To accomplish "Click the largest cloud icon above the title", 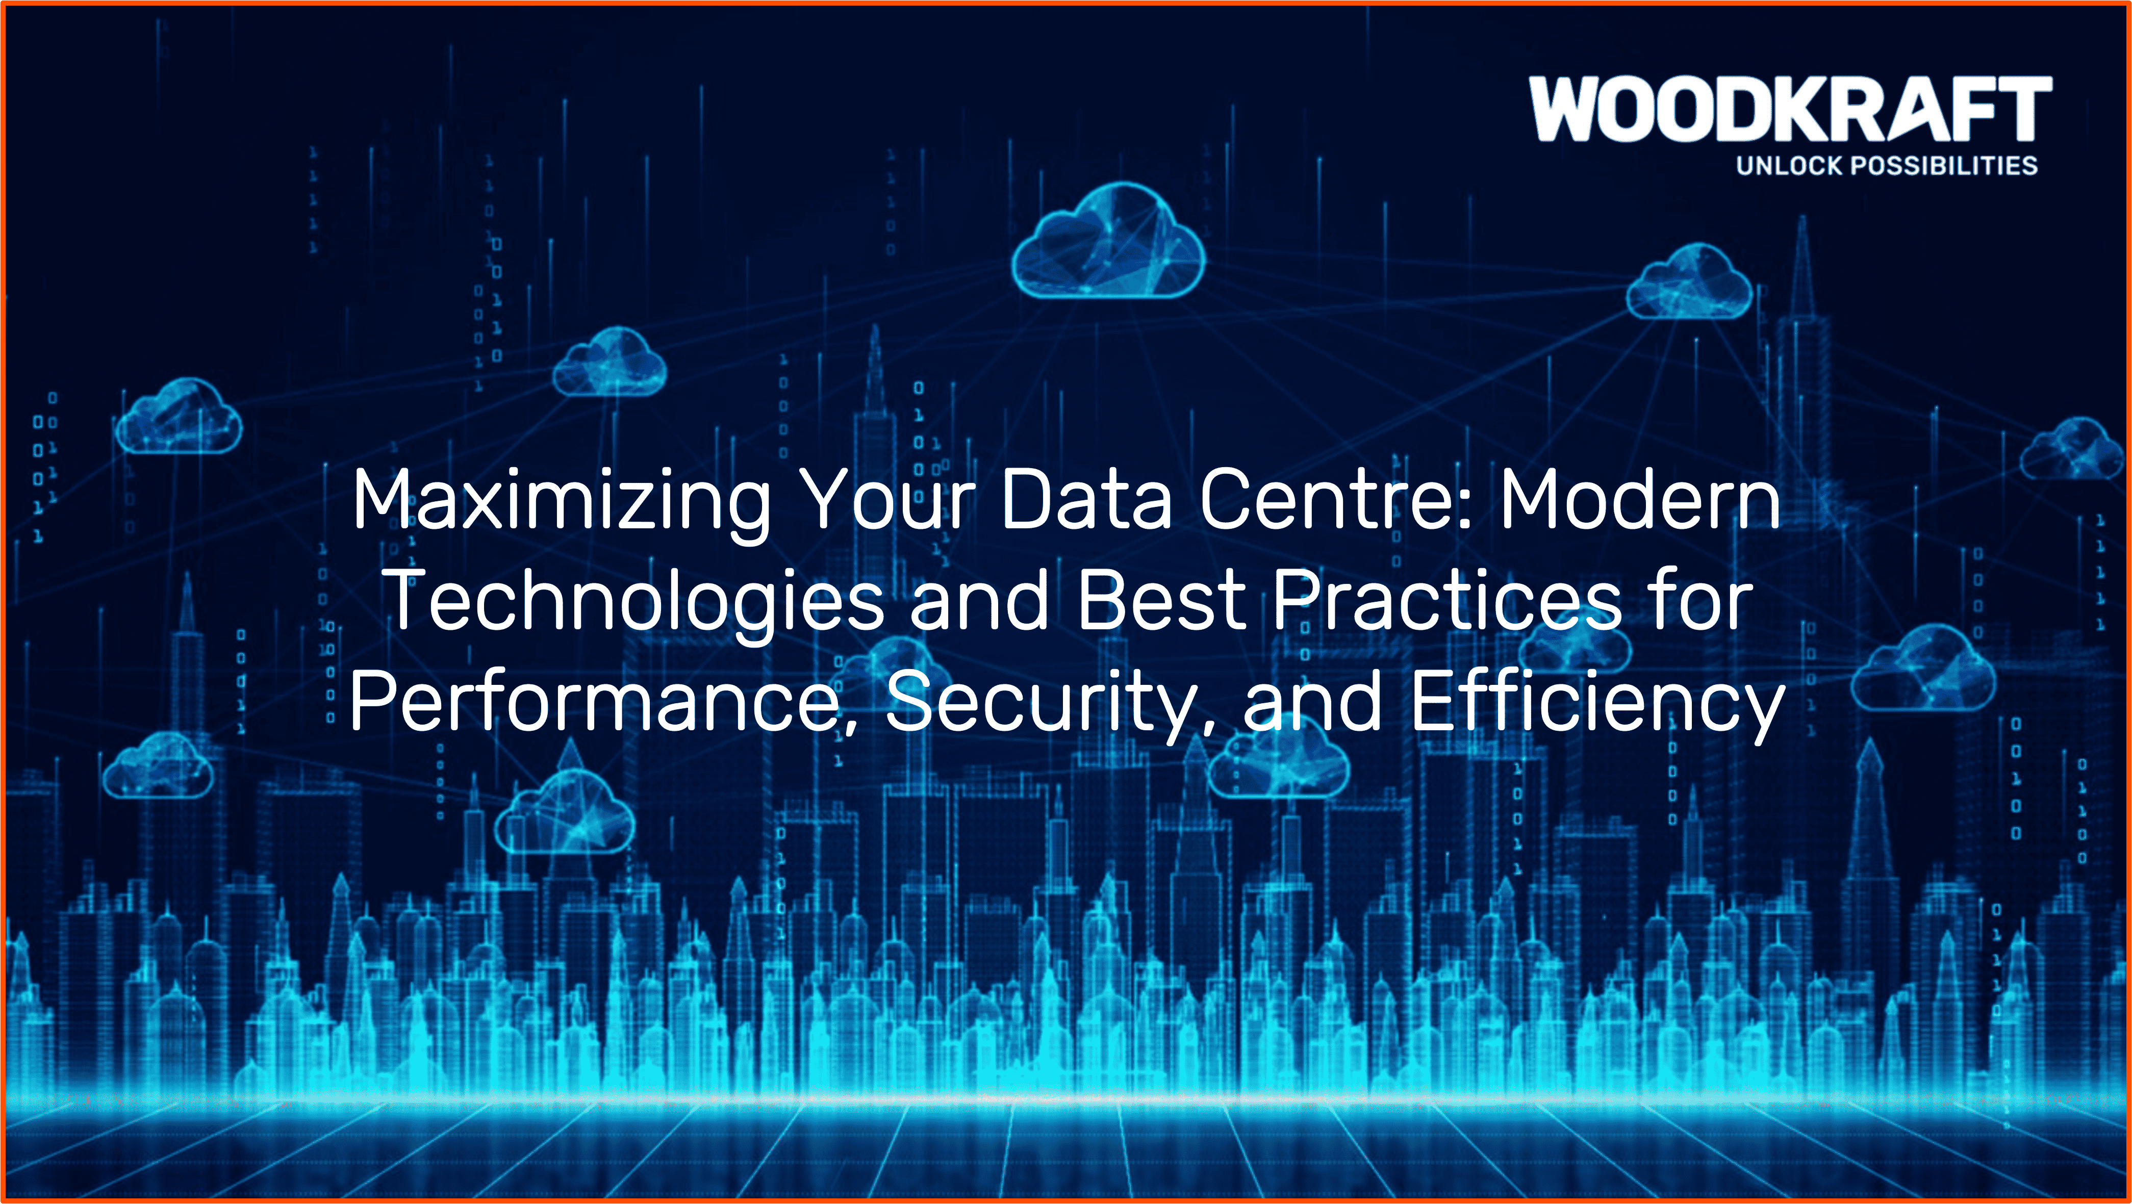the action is (1109, 241).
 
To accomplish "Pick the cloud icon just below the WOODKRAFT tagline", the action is (1689, 282).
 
